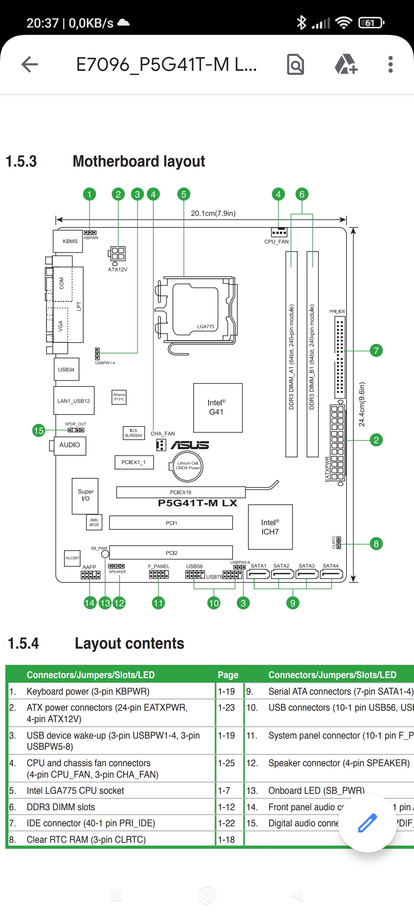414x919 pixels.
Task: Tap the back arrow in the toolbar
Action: (x=30, y=64)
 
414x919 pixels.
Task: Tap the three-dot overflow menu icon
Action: (x=390, y=64)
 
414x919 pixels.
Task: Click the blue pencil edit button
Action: (x=367, y=823)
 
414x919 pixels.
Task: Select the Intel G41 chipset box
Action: (x=218, y=407)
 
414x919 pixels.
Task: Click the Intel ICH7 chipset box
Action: (x=270, y=527)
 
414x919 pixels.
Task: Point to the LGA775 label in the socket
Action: (x=205, y=327)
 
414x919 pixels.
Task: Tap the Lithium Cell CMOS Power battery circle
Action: (x=187, y=466)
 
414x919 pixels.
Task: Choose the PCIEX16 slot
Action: (x=181, y=492)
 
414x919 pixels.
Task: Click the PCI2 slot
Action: (x=171, y=553)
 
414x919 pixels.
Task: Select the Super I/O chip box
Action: (x=85, y=495)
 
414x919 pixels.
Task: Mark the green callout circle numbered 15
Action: (x=39, y=430)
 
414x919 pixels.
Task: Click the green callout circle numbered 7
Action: (x=376, y=350)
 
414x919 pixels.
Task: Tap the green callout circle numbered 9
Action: (x=292, y=603)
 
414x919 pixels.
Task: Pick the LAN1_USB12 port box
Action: (x=74, y=401)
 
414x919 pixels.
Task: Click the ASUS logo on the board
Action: (x=190, y=445)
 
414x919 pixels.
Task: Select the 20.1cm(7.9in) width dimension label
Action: (x=213, y=213)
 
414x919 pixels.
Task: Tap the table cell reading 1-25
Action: (x=226, y=763)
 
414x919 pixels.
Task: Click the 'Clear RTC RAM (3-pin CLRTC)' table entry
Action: (x=86, y=840)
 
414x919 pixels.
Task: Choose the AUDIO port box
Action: (x=70, y=445)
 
